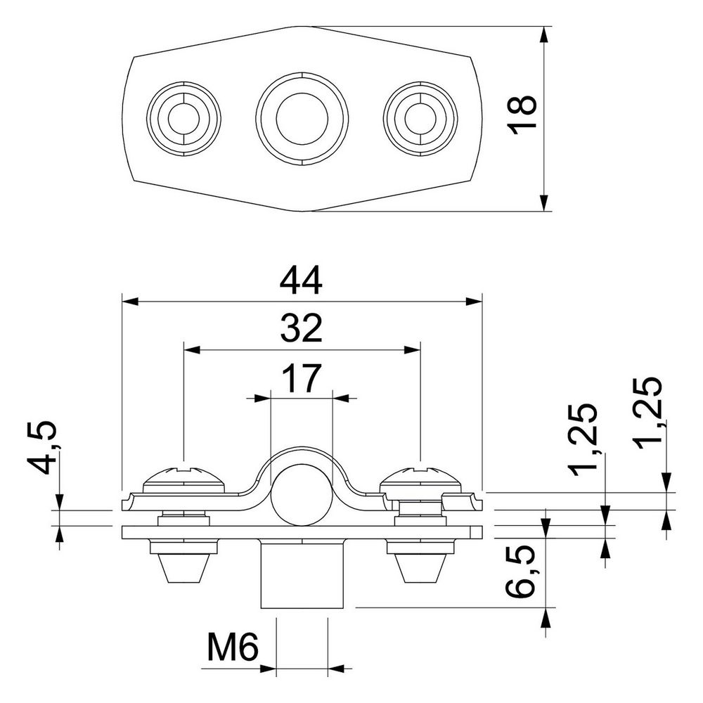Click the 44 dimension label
click(301, 280)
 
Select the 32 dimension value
click(302, 328)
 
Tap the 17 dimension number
click(302, 378)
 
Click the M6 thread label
click(233, 647)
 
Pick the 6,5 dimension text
click(520, 571)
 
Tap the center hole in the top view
click(302, 119)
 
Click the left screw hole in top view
click(183, 119)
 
